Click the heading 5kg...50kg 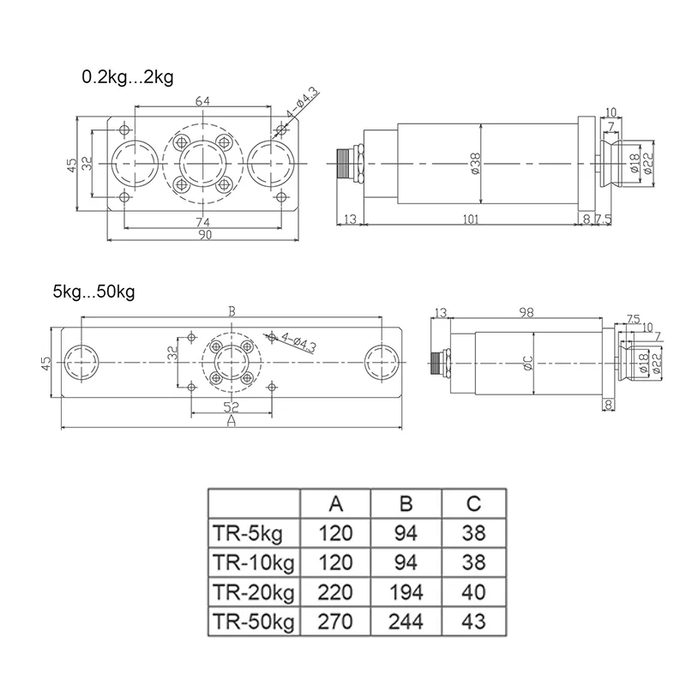tap(93, 292)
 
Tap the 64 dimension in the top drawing tap(202, 101)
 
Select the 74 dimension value tap(202, 223)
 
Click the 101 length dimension tap(470, 220)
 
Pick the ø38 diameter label tap(477, 163)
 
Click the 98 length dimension tap(526, 312)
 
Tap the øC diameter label tap(528, 364)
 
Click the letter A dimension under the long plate tap(230, 423)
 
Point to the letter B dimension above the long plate tap(230, 311)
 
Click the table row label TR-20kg tap(253, 592)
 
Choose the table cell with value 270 tap(335, 621)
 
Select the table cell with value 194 tap(406, 592)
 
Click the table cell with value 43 tap(473, 621)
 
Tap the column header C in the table tap(473, 502)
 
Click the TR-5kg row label tap(248, 533)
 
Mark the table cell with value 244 tap(406, 621)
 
